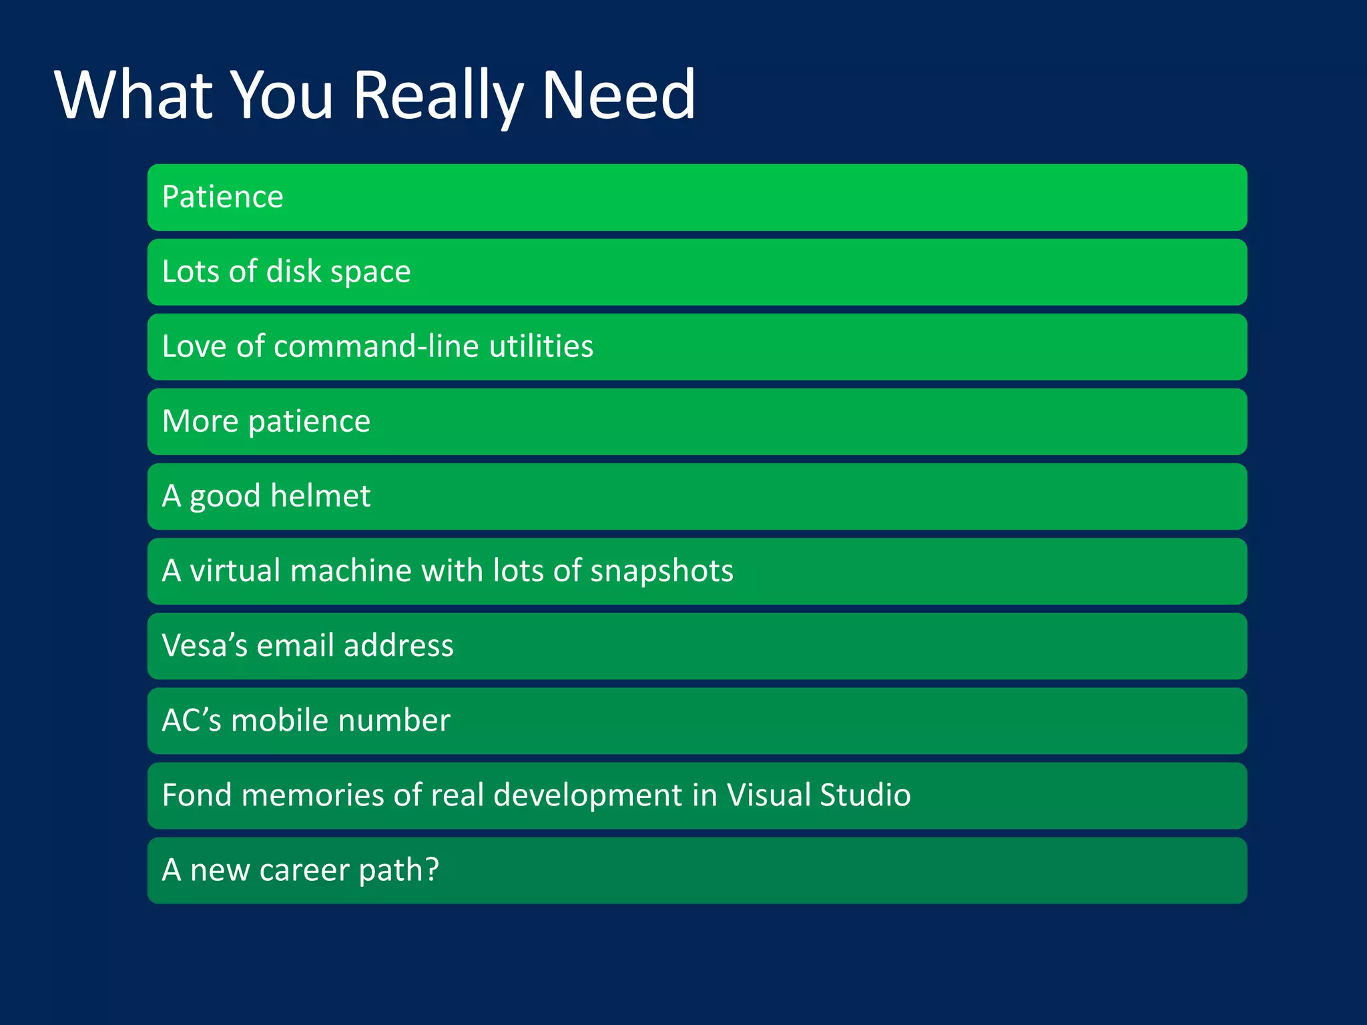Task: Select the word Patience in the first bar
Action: (222, 197)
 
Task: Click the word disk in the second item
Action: (294, 272)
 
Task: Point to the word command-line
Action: (376, 346)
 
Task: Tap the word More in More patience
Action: (200, 421)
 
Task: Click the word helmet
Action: (320, 496)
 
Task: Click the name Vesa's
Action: (205, 645)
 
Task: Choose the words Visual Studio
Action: (818, 795)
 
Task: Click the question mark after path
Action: (432, 870)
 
